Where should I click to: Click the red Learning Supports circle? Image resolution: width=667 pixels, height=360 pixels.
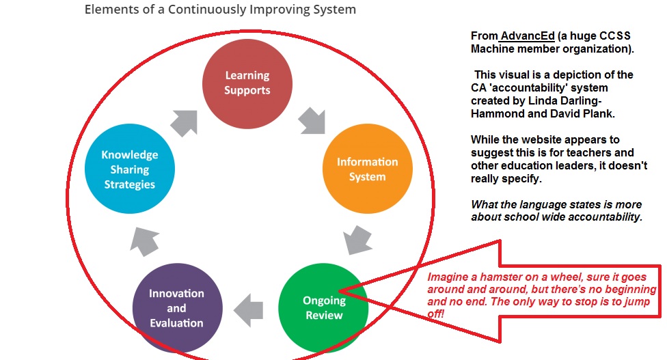click(247, 84)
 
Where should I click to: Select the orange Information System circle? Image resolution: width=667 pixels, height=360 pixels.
click(368, 169)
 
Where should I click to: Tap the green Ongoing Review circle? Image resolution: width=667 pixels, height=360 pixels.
click(323, 308)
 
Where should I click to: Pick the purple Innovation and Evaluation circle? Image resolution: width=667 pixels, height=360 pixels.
click(178, 308)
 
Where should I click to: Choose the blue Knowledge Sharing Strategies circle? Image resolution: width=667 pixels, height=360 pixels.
click(130, 169)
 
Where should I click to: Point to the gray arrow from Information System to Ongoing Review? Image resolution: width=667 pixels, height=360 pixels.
click(357, 240)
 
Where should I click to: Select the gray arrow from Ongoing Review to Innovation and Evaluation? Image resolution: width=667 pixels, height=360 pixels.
click(249, 310)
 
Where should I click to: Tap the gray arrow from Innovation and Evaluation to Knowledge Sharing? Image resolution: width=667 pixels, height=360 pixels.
click(145, 241)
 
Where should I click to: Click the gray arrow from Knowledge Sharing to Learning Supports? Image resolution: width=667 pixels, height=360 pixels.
click(185, 123)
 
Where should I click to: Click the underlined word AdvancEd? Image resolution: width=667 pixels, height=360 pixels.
click(528, 36)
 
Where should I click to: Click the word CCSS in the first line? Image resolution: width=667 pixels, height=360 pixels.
click(615, 36)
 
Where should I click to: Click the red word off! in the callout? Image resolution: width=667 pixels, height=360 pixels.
click(436, 314)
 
